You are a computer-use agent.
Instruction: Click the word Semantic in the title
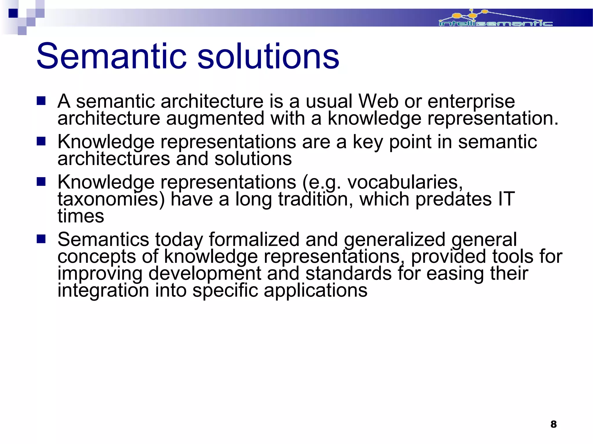tap(111, 56)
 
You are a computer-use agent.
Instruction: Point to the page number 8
tap(553, 424)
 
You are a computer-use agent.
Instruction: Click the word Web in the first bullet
tap(378, 102)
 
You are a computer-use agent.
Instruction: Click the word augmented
tap(215, 119)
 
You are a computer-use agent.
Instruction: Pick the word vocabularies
tap(405, 183)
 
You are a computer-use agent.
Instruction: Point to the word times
tap(81, 216)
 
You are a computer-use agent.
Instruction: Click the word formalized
tap(254, 240)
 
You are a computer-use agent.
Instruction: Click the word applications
tap(315, 291)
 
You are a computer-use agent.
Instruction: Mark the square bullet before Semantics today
tap(41, 239)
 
